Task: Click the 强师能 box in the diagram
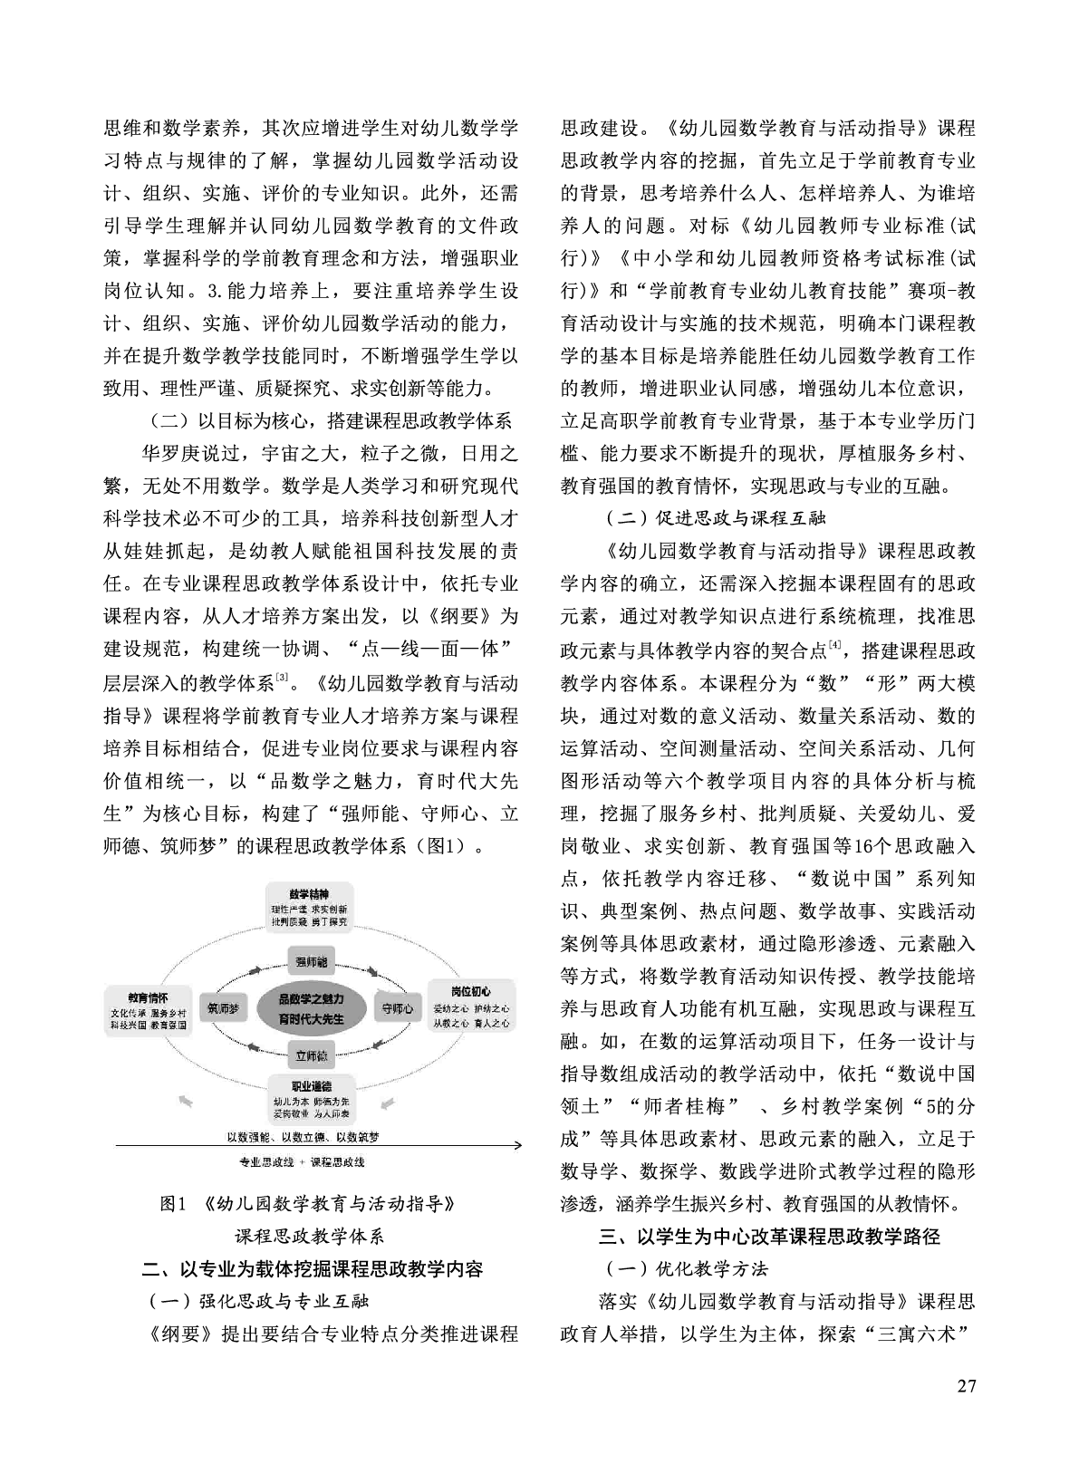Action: click(311, 961)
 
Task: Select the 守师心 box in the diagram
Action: click(397, 1006)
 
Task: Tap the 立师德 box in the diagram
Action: click(311, 1055)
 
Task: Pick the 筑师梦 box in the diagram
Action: click(222, 1006)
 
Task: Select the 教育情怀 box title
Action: click(148, 997)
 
